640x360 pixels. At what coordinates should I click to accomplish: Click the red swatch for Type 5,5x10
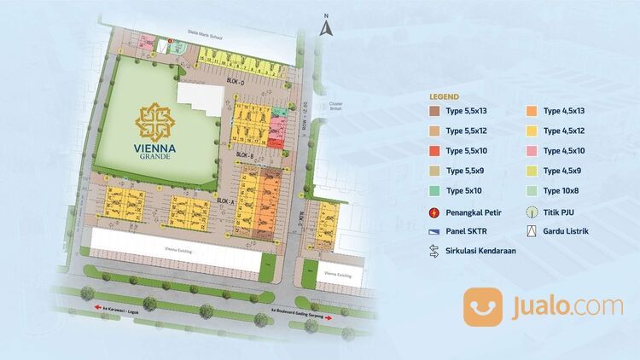(x=435, y=151)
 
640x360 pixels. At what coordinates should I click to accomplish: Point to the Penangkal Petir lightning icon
(x=435, y=212)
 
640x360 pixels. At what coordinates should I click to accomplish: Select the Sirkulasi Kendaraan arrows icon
(x=435, y=251)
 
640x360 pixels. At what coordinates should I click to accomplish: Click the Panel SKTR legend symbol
(x=435, y=231)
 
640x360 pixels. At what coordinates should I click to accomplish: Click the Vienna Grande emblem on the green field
(x=154, y=122)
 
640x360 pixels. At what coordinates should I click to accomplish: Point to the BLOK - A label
(x=225, y=199)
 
